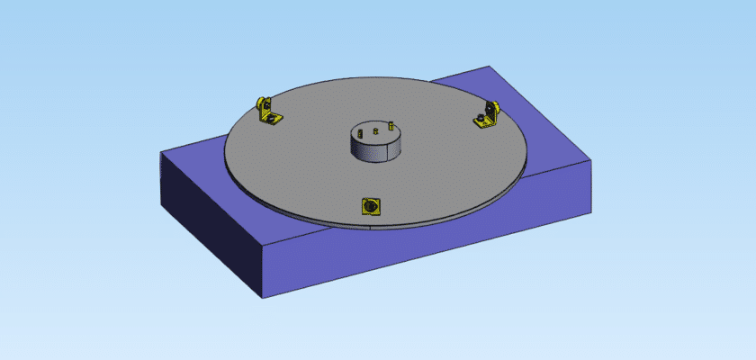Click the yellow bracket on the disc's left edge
268,112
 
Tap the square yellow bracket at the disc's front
369,206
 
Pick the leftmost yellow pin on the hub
359,132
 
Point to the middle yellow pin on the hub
375,130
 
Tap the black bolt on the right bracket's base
482,119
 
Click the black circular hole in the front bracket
369,207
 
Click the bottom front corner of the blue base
263,299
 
